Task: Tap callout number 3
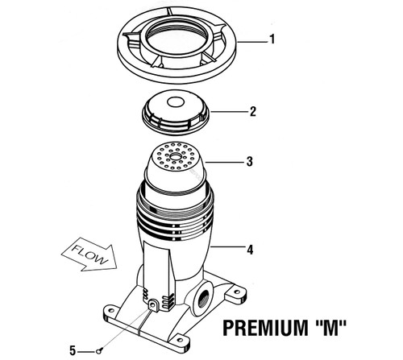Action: pos(250,162)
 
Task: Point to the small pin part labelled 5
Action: pos(98,350)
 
